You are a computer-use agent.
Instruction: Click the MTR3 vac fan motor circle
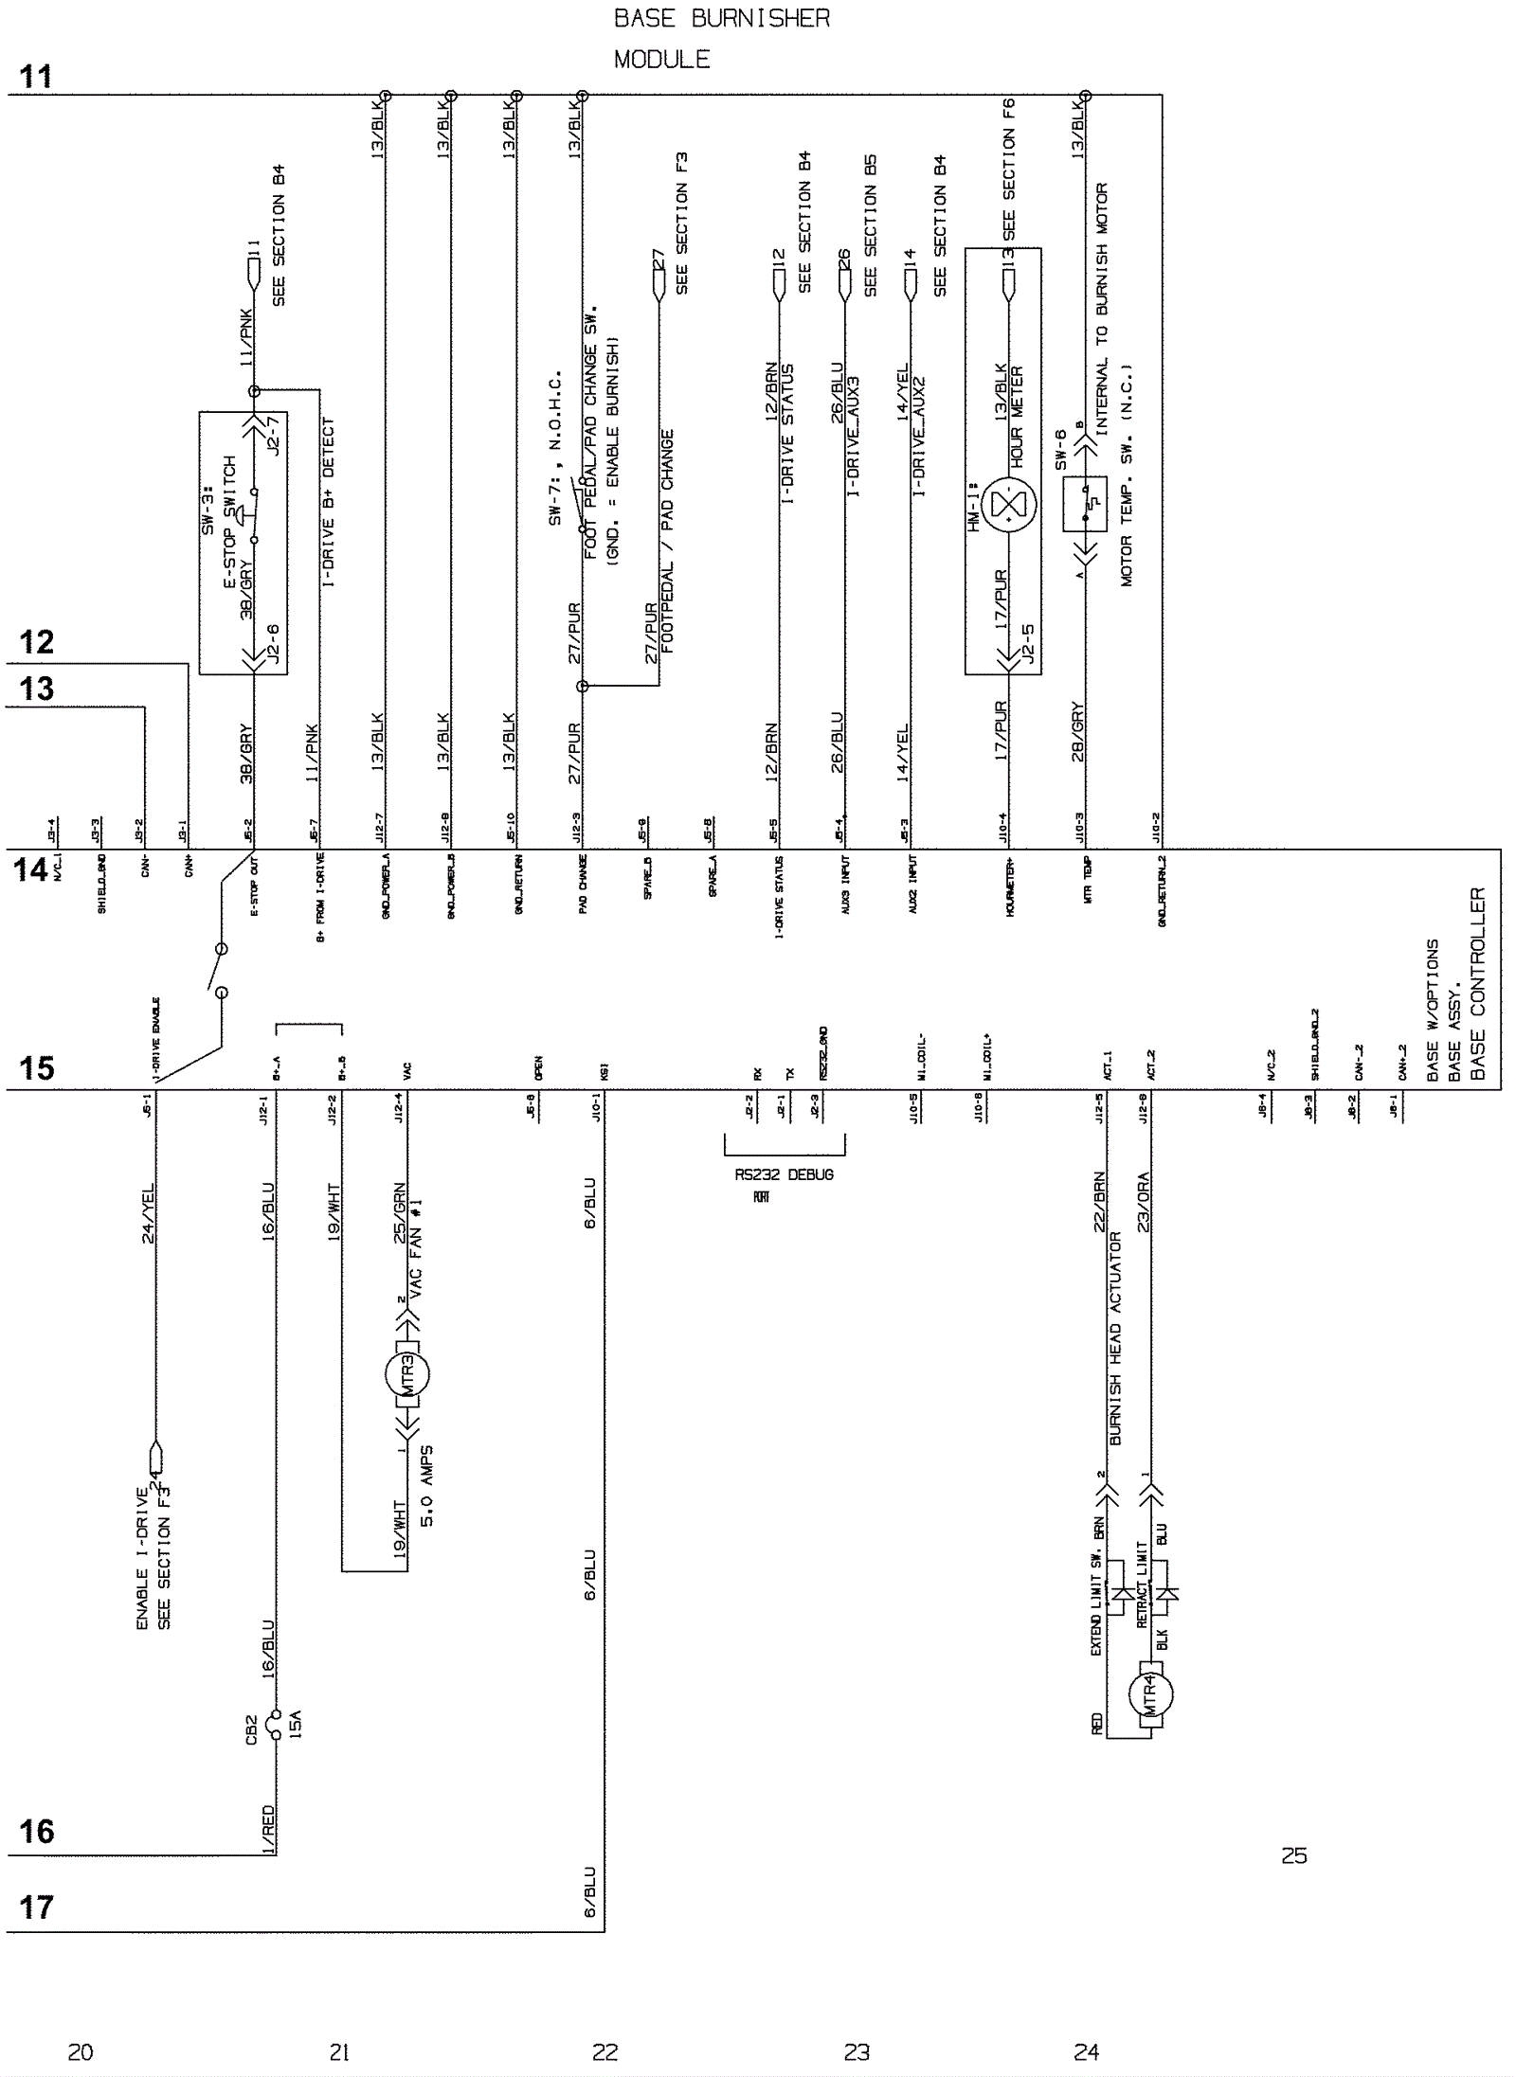pyautogui.click(x=406, y=1372)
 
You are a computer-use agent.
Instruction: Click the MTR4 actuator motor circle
pyautogui.click(x=1150, y=1692)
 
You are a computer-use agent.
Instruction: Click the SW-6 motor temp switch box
pyautogui.click(x=1085, y=503)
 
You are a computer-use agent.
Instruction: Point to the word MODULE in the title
pyautogui.click(x=661, y=60)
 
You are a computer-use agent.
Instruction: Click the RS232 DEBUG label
pyautogui.click(x=784, y=1174)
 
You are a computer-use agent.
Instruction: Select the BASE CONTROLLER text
pyautogui.click(x=1478, y=985)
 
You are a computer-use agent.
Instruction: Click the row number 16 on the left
pyautogui.click(x=37, y=1831)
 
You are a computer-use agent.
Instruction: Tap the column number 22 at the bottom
pyautogui.click(x=605, y=2052)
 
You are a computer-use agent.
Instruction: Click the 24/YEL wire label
pyautogui.click(x=148, y=1213)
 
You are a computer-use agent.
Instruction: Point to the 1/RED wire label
pyautogui.click(x=268, y=1830)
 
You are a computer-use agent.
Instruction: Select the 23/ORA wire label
pyautogui.click(x=1144, y=1203)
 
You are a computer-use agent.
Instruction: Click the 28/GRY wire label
pyautogui.click(x=1078, y=732)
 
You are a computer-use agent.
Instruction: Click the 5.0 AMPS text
pyautogui.click(x=427, y=1486)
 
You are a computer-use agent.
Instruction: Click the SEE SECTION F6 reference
pyautogui.click(x=1009, y=169)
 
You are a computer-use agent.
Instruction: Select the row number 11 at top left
pyautogui.click(x=37, y=77)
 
